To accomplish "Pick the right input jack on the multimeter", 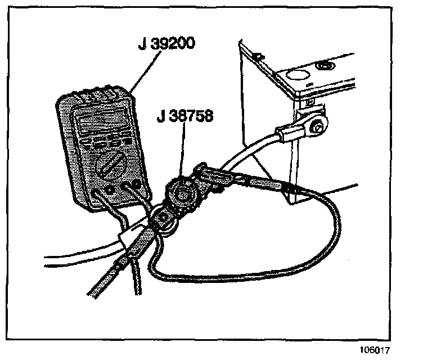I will (x=134, y=184).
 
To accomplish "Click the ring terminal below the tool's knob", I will (x=166, y=217).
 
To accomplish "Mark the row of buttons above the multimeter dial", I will (x=107, y=143).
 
